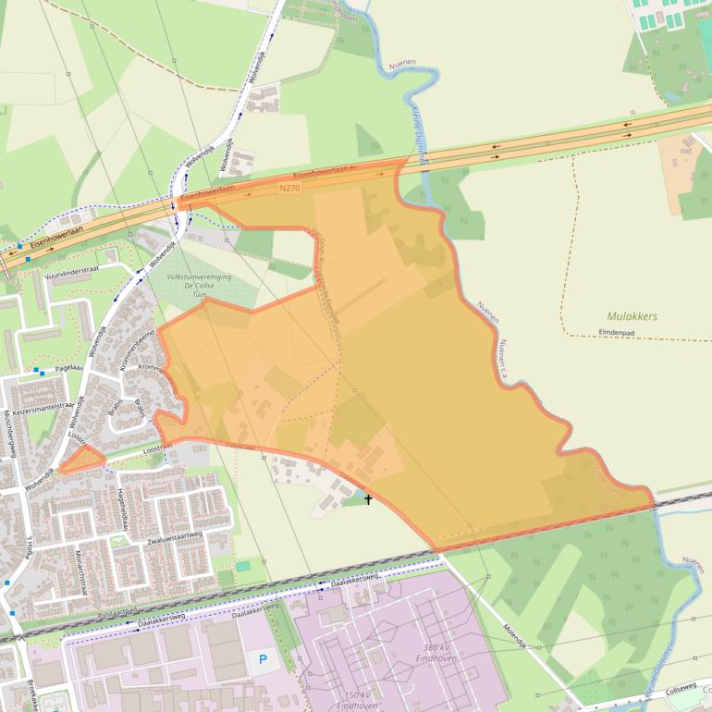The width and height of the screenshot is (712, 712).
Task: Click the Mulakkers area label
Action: (x=632, y=316)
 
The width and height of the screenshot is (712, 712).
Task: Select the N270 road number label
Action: (x=290, y=187)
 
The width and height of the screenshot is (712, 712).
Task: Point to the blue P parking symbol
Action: (x=263, y=659)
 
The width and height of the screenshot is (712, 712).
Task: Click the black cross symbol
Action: (x=368, y=499)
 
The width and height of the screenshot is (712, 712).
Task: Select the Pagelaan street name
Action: (x=68, y=367)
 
